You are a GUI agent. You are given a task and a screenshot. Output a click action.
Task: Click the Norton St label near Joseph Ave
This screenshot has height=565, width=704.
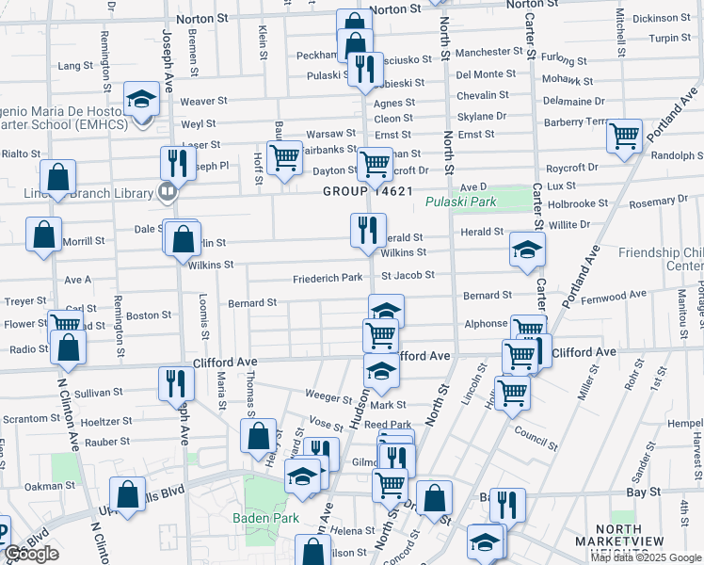(x=199, y=16)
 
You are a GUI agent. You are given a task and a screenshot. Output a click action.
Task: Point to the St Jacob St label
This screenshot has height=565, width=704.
(x=408, y=276)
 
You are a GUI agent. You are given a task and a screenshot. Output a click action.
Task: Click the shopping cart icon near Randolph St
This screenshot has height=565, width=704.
(x=624, y=137)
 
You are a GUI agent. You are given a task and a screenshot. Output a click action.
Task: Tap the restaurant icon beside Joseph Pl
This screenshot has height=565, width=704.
(x=177, y=163)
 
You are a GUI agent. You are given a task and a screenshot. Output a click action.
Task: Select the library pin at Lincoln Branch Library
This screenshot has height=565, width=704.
(x=168, y=193)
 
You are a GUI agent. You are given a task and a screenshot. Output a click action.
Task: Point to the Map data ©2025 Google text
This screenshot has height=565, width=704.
(x=647, y=557)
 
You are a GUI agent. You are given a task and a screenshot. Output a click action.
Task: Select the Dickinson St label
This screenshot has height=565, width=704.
(x=662, y=18)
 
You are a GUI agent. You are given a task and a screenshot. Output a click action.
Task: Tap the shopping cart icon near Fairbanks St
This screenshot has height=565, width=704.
(x=284, y=157)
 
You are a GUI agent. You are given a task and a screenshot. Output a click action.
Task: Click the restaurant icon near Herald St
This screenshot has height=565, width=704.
(x=368, y=229)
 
